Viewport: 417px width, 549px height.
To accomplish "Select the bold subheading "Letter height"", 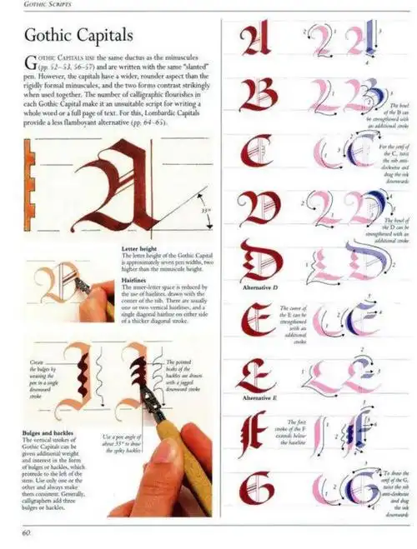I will (x=141, y=248).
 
